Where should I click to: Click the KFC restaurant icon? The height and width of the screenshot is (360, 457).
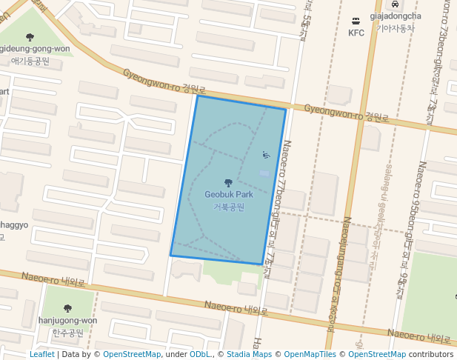[x=356, y=21]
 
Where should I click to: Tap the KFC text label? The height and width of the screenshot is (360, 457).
[x=356, y=33]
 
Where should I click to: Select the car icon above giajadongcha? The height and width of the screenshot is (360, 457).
[x=395, y=4]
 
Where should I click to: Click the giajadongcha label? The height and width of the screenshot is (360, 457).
[x=395, y=16]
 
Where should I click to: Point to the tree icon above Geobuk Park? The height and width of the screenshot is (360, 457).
[x=228, y=182]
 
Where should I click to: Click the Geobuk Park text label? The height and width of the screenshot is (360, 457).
[x=229, y=194]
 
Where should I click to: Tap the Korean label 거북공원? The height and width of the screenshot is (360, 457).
[x=229, y=207]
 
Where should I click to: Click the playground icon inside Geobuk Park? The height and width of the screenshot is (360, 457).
[x=267, y=155]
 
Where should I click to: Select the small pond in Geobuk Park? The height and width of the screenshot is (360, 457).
[x=264, y=173]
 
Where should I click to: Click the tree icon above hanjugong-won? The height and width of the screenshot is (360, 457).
[x=67, y=308]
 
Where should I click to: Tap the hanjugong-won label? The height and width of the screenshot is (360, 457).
[x=67, y=321]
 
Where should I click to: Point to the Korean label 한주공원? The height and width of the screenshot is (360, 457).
[x=67, y=333]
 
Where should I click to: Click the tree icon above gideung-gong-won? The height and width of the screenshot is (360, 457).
[x=30, y=37]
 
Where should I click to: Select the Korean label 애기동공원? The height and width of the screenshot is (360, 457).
[x=30, y=61]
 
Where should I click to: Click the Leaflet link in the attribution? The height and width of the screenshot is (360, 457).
[x=42, y=354]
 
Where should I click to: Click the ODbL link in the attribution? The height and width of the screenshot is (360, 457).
[x=200, y=354]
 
